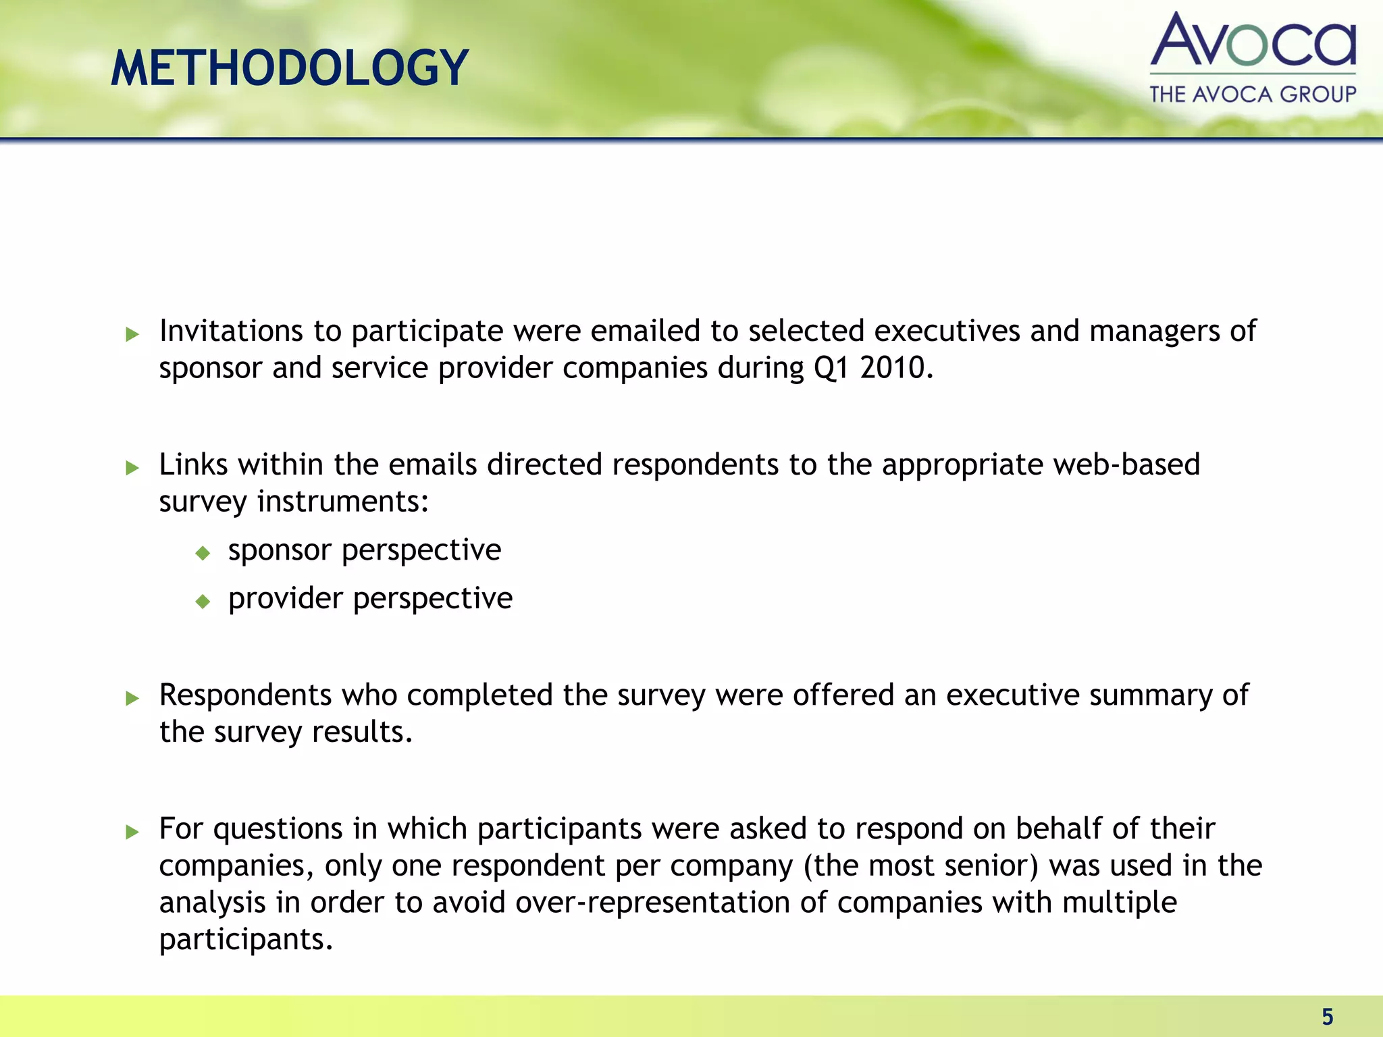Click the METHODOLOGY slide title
pyautogui.click(x=289, y=68)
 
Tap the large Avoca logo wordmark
pyautogui.click(x=1253, y=41)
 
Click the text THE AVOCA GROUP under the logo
pyautogui.click(x=1253, y=94)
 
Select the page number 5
pyautogui.click(x=1327, y=1016)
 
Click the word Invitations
pyautogui.click(x=231, y=331)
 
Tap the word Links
pyautogui.click(x=193, y=464)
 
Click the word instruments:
pyautogui.click(x=343, y=502)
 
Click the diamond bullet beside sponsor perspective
pyautogui.click(x=203, y=554)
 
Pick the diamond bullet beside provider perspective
pyautogui.click(x=203, y=601)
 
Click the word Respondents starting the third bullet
pyautogui.click(x=245, y=695)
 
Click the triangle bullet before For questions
pyautogui.click(x=132, y=832)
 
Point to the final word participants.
pyautogui.click(x=246, y=940)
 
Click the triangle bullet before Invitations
pyautogui.click(x=132, y=334)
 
